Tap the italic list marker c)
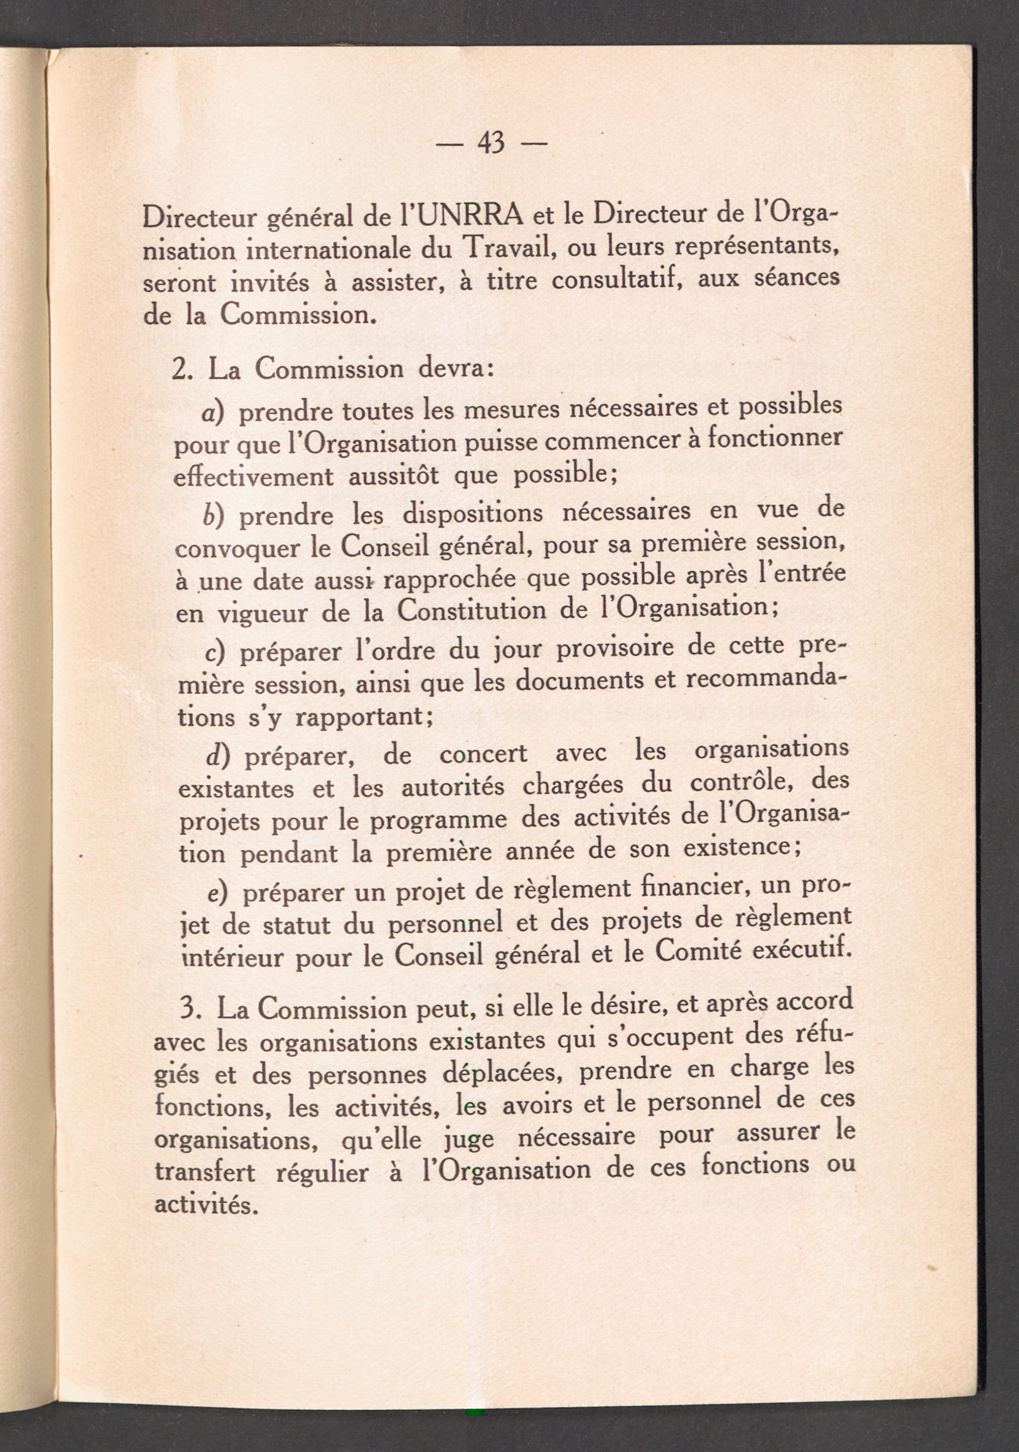[218, 653]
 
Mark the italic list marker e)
[218, 894]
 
